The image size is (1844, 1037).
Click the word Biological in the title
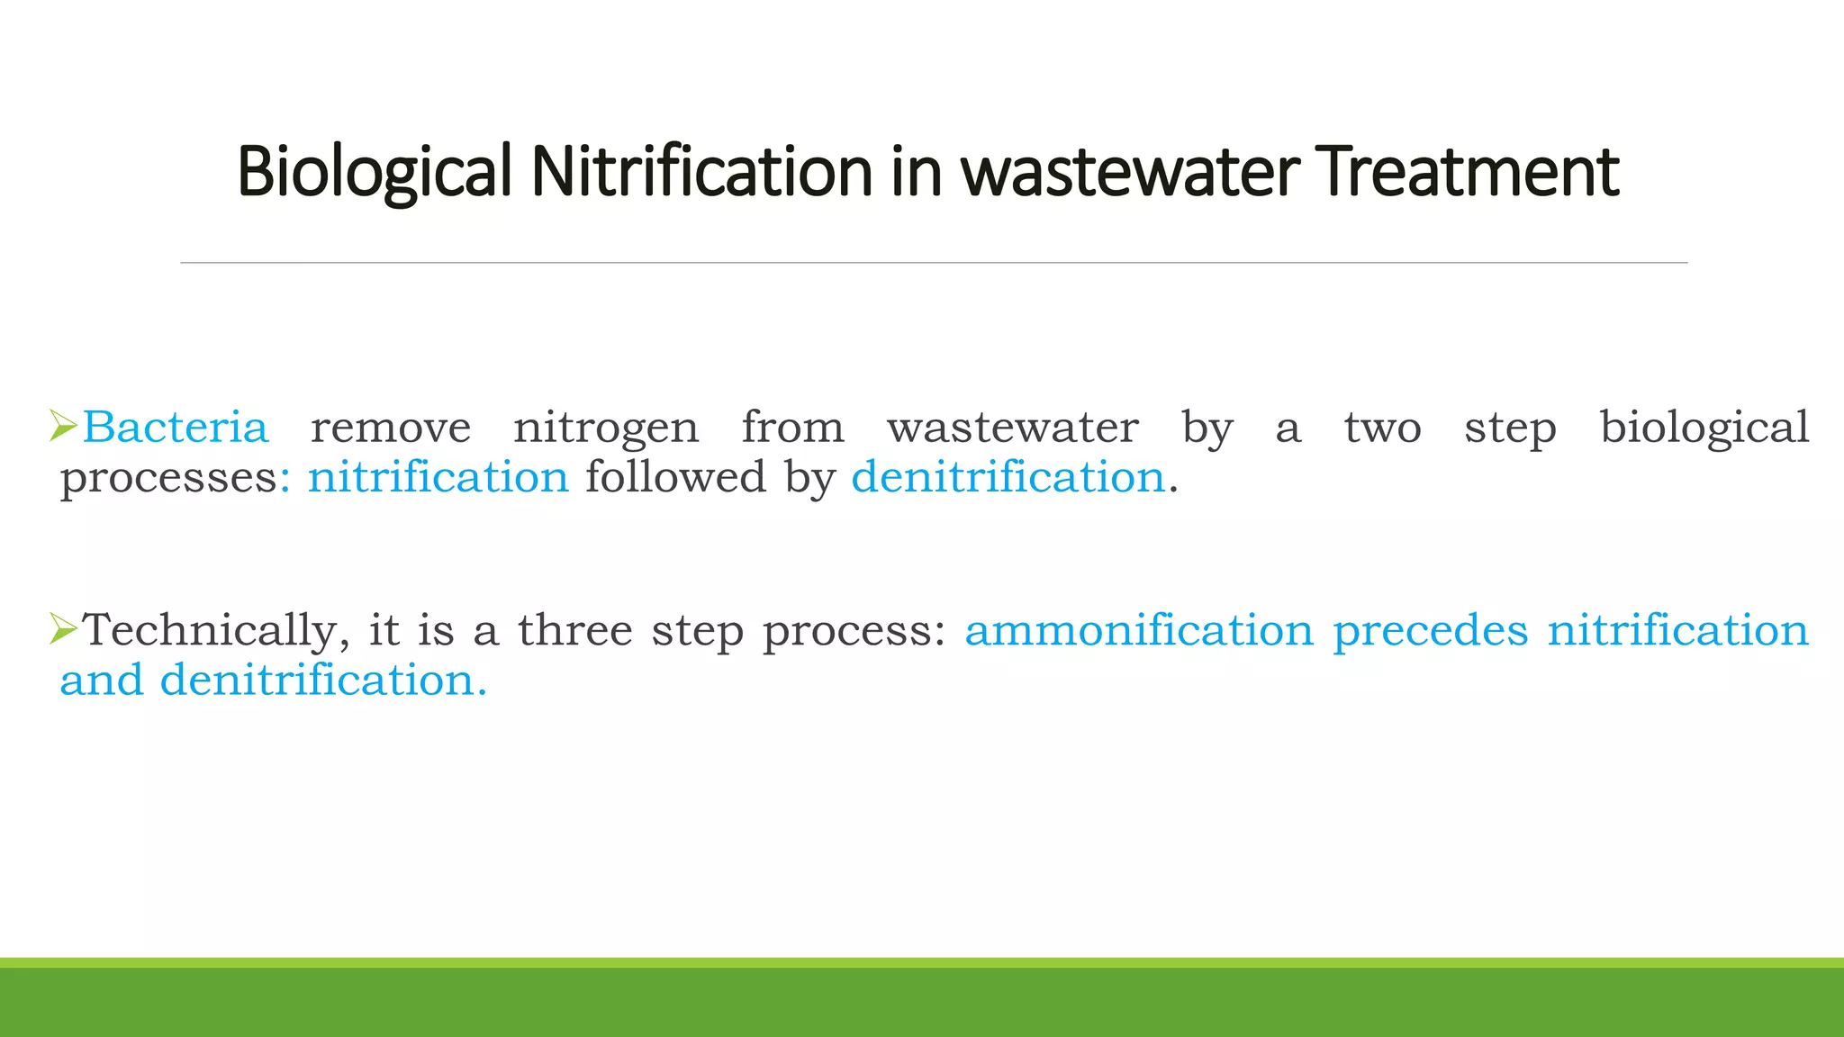374,171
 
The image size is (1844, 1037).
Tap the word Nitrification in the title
701,171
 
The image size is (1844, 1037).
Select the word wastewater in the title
1130,171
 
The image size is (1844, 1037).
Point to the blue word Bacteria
176,428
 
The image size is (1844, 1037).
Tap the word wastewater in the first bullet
1013,428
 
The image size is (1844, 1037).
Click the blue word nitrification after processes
438,477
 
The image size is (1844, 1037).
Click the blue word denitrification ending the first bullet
1008,477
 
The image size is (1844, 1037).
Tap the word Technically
210,630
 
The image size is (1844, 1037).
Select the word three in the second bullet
575,630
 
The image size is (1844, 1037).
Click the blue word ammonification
1139,630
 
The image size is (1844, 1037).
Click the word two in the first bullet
1382,428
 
